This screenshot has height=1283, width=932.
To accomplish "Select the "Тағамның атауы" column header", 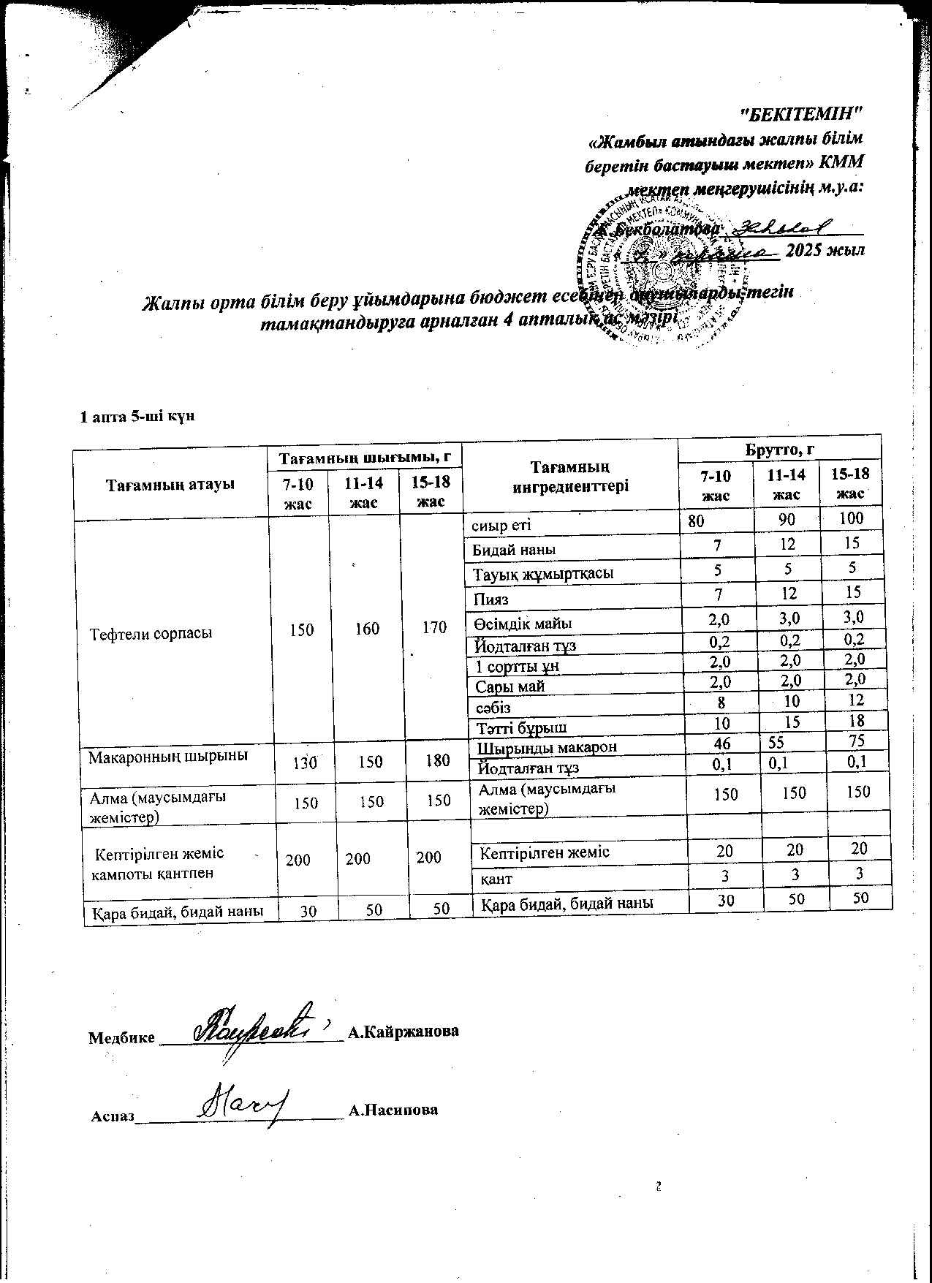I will click(171, 484).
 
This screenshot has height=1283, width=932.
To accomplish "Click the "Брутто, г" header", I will click(779, 448).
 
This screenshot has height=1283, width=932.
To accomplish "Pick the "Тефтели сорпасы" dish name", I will click(151, 633).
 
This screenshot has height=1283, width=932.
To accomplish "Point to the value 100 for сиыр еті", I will click(852, 519).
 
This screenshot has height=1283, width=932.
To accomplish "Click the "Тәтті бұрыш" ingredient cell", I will click(520, 727).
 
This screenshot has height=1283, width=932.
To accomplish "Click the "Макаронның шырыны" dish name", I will click(167, 756).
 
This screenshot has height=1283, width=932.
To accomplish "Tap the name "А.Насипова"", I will click(393, 1110).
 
